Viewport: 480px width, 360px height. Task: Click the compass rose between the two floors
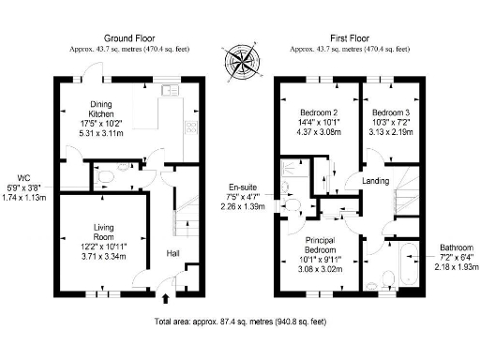coord(239,63)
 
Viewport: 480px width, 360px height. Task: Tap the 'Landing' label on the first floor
coord(375,181)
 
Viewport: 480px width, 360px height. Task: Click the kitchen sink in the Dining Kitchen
coord(171,91)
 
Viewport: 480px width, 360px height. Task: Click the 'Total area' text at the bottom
coord(239,322)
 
